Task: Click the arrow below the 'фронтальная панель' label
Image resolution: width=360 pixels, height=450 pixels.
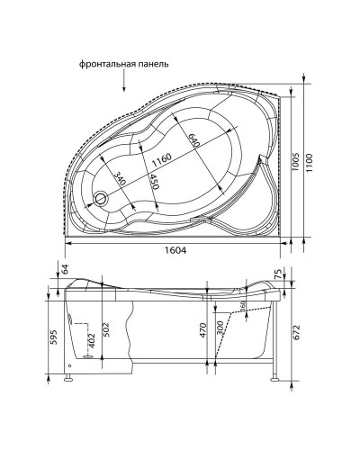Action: click(x=121, y=83)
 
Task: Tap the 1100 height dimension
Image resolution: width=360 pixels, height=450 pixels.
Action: click(x=309, y=165)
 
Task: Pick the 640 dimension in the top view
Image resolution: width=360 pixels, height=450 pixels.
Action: click(x=193, y=140)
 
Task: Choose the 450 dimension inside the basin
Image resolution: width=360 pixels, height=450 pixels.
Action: click(x=155, y=184)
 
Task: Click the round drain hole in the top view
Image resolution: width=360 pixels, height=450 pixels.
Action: click(x=101, y=199)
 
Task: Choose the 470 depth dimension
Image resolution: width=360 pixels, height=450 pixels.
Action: click(x=204, y=330)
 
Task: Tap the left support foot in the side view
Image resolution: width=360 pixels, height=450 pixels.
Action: click(x=68, y=380)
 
